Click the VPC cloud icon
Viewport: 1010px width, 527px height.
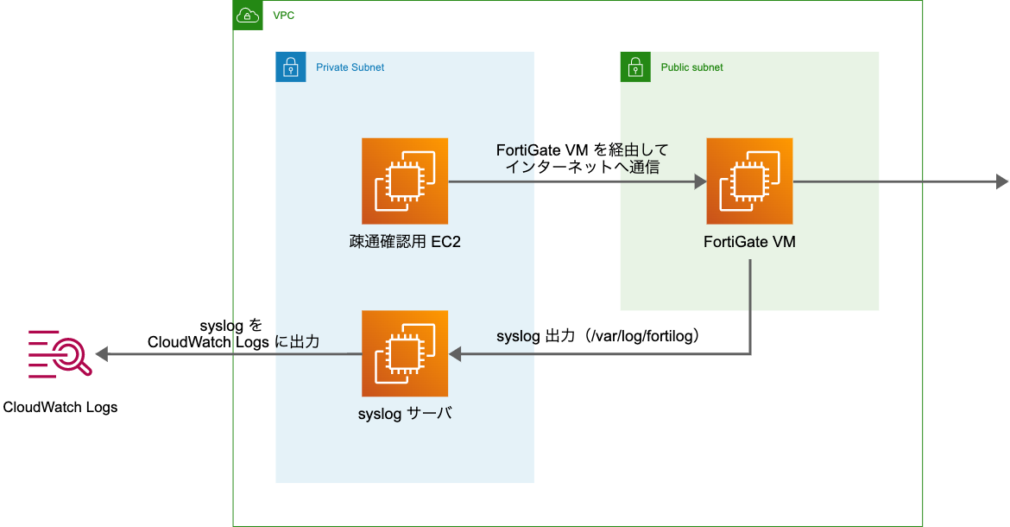248,16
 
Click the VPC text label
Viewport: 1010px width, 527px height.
283,16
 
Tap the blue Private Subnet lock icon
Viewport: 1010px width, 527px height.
291,67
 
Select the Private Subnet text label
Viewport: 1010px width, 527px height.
350,67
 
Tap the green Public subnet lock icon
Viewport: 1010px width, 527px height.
635,67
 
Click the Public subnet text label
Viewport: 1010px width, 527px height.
691,67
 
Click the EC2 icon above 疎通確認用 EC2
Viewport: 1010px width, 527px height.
405,181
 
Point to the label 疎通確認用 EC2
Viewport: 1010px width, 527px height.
399,242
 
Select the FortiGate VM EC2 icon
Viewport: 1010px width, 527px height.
749,181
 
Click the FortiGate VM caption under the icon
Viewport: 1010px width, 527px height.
749,242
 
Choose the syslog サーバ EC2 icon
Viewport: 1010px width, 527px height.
405,354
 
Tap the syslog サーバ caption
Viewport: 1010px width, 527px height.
405,414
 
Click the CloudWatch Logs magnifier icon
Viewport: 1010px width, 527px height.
60,354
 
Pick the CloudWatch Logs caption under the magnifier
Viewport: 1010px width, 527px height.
60,407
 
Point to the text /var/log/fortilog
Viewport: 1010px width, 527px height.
641,336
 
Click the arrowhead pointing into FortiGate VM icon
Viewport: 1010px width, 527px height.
700,181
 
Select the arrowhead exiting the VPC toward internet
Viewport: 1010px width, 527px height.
1001,181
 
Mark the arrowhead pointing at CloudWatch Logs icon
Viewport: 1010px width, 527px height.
102,354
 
